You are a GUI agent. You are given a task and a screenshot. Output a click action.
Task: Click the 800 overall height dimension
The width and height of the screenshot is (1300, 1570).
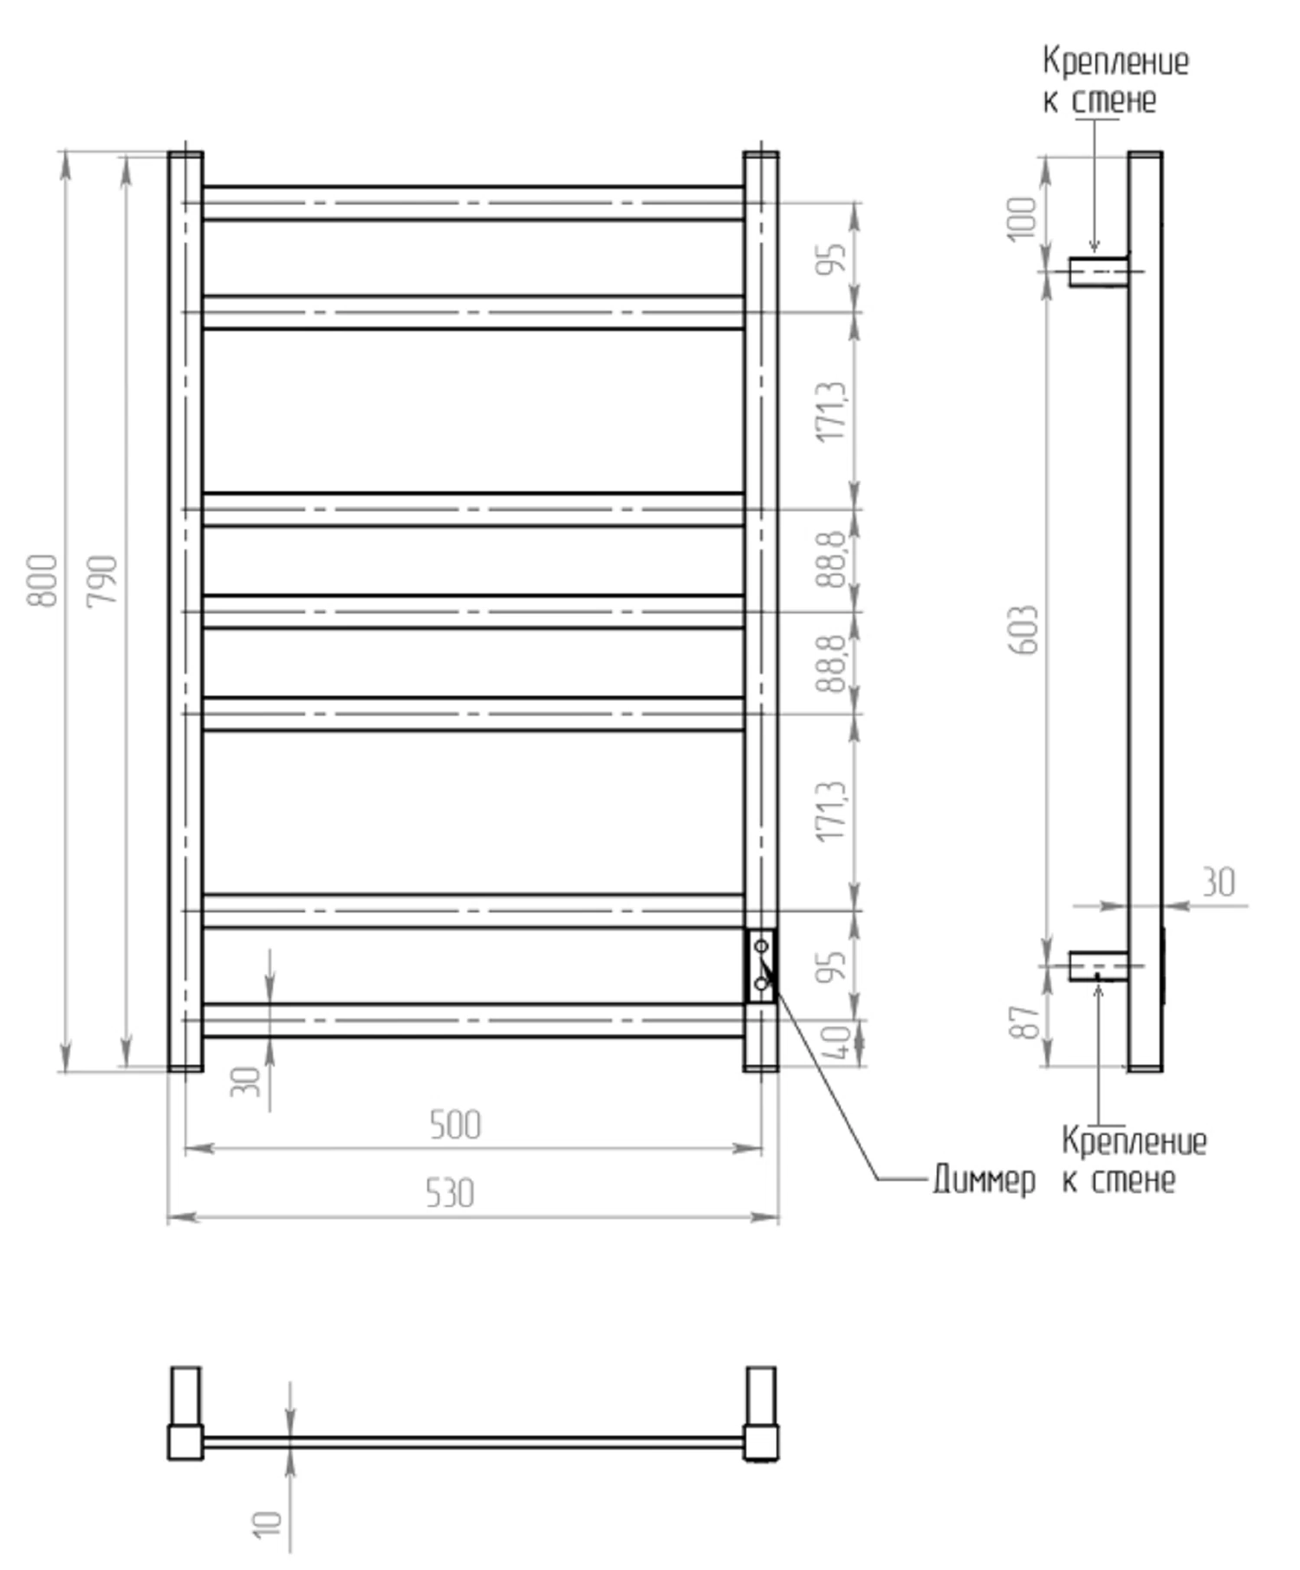click(x=42, y=581)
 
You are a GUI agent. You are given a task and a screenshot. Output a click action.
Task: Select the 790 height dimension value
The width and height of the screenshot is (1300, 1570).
click(x=102, y=581)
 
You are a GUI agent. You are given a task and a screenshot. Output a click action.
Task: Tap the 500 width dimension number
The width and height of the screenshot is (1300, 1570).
click(x=455, y=1125)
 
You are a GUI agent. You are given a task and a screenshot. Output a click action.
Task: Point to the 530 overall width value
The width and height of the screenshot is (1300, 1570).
click(x=450, y=1193)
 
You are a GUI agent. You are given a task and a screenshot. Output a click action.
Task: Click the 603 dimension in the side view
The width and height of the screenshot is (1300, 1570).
click(x=1024, y=630)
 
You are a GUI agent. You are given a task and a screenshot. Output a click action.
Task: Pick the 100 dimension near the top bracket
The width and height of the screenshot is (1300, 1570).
click(x=1023, y=218)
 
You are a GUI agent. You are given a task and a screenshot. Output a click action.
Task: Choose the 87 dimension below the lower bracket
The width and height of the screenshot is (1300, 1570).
click(x=1024, y=1022)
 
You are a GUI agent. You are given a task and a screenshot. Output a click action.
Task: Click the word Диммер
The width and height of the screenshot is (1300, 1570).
click(x=984, y=1179)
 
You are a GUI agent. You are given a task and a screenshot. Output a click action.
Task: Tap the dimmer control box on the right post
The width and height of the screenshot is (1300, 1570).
click(x=762, y=965)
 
